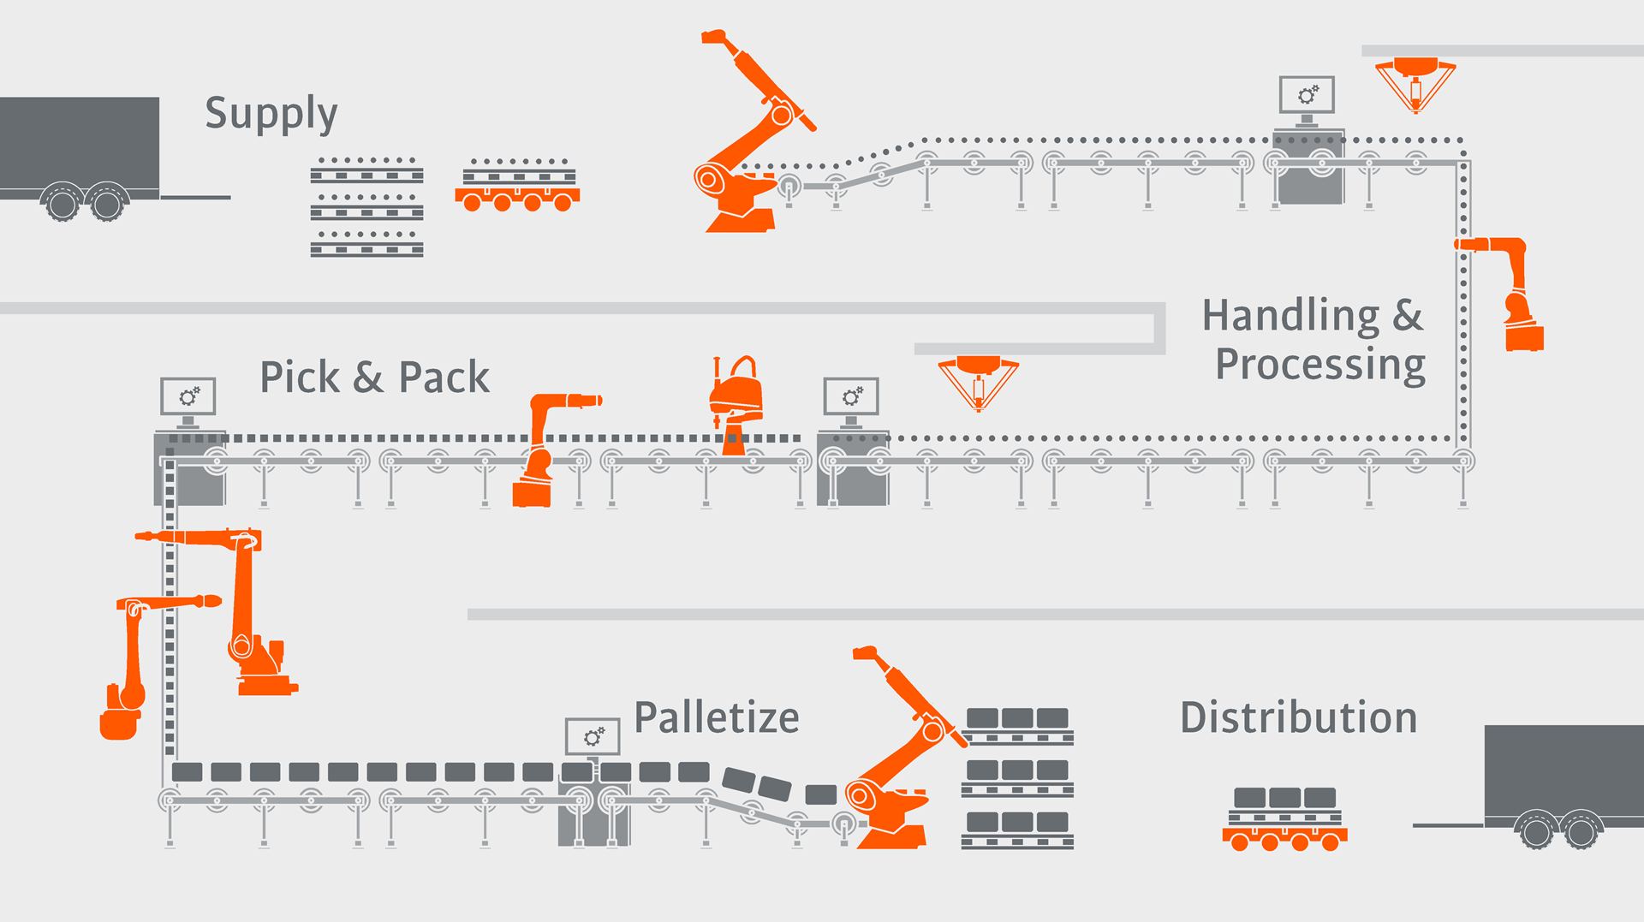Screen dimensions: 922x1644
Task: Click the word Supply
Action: [271, 115]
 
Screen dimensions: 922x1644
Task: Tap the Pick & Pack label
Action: [374, 378]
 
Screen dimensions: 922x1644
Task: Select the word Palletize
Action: [717, 717]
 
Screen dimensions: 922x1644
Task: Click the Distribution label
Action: [1298, 717]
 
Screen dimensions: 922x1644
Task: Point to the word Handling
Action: [1290, 317]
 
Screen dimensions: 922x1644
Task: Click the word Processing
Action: [1320, 366]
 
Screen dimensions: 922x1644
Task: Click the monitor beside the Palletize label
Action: [593, 736]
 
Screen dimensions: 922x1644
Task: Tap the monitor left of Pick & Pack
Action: [188, 396]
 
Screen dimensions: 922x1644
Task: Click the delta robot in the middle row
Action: [978, 382]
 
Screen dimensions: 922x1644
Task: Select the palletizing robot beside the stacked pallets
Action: [899, 762]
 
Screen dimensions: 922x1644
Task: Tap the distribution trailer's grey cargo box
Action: [1564, 770]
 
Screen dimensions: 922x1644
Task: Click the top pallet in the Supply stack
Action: [366, 171]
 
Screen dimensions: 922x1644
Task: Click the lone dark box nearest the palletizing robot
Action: [820, 794]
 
